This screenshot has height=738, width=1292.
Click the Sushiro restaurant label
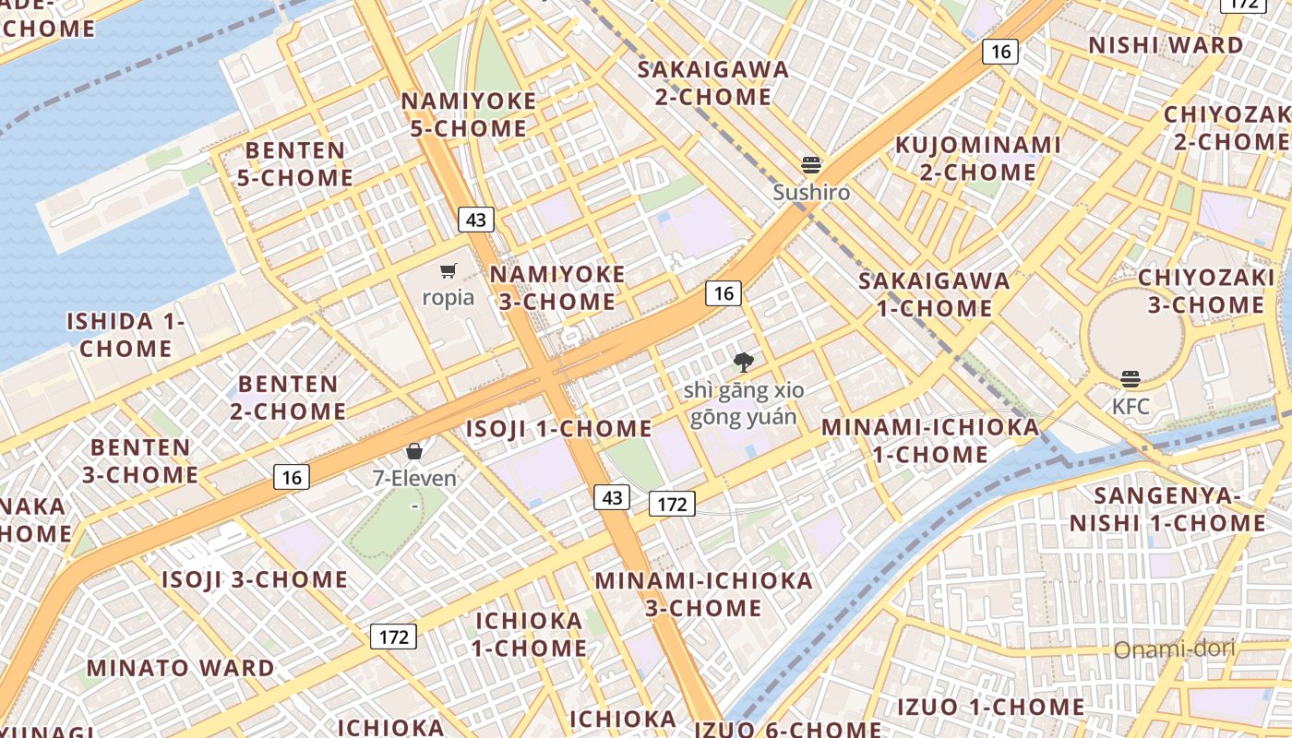(x=811, y=193)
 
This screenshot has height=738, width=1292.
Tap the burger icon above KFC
(x=1130, y=379)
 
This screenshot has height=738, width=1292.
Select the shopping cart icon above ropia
(x=449, y=271)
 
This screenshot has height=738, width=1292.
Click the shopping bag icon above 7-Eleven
(x=414, y=451)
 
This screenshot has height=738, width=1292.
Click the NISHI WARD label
(x=1166, y=45)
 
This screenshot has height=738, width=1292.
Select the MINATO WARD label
(x=181, y=667)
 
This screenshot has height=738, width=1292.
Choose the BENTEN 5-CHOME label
(x=295, y=163)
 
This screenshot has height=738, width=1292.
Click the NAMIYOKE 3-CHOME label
(x=556, y=288)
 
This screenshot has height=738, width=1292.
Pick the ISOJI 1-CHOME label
(x=558, y=429)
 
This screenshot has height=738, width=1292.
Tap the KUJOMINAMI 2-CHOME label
(x=978, y=159)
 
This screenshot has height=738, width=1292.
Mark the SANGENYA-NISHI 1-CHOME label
(x=1167, y=509)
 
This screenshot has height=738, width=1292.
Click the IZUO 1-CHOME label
(x=991, y=708)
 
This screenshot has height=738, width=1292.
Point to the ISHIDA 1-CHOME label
(x=126, y=335)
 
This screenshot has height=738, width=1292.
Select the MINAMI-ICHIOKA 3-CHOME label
(x=703, y=594)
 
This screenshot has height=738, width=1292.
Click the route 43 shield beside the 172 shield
(x=612, y=498)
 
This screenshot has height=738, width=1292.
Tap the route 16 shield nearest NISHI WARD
(x=1001, y=52)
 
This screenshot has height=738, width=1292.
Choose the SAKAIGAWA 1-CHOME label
(x=934, y=294)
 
